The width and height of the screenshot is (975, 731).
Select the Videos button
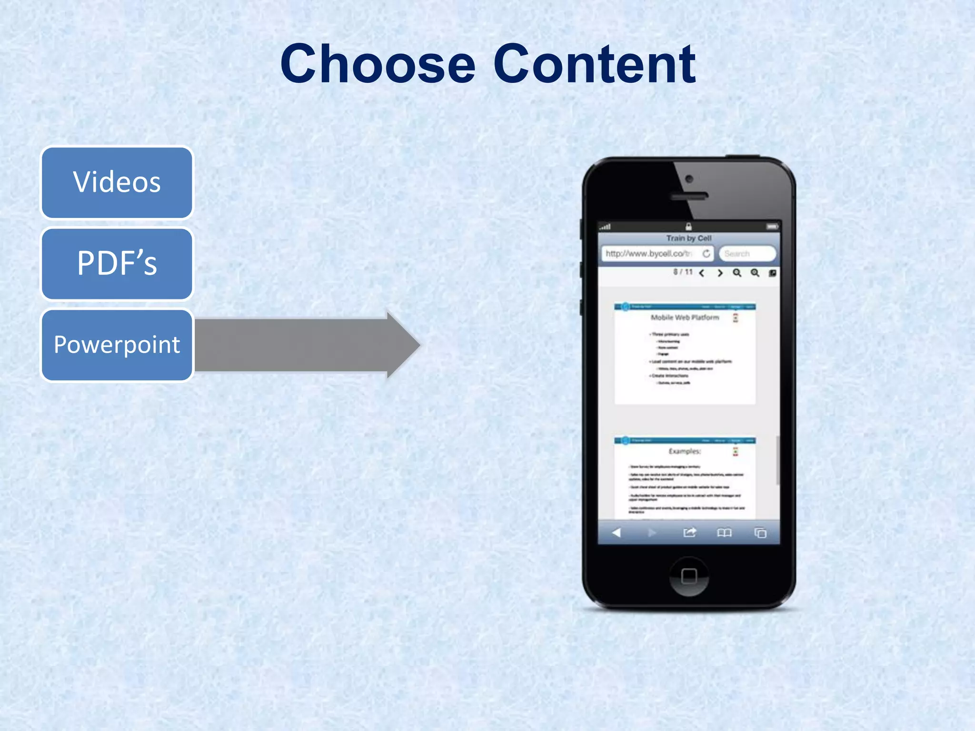click(x=117, y=182)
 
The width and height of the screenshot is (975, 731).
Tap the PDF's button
click(x=117, y=264)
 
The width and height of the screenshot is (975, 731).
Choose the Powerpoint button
click(x=117, y=345)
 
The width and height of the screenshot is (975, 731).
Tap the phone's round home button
click(x=689, y=576)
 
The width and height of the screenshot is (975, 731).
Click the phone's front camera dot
click(x=689, y=179)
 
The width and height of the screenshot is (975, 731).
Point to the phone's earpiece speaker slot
click(x=689, y=196)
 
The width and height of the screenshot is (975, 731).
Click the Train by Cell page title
click(x=688, y=238)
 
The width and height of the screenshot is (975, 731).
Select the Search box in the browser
click(x=746, y=254)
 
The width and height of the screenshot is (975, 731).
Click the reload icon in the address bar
click(x=706, y=254)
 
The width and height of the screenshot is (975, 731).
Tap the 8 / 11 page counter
click(x=683, y=272)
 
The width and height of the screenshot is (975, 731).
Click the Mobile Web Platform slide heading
click(x=685, y=317)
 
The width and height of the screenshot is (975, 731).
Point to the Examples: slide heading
click(x=685, y=451)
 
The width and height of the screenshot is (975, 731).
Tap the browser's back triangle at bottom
click(x=617, y=533)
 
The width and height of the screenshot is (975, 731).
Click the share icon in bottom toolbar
click(x=689, y=533)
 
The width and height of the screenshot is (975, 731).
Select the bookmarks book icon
click(x=724, y=533)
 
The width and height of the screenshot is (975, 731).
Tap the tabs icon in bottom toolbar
click(x=760, y=533)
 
